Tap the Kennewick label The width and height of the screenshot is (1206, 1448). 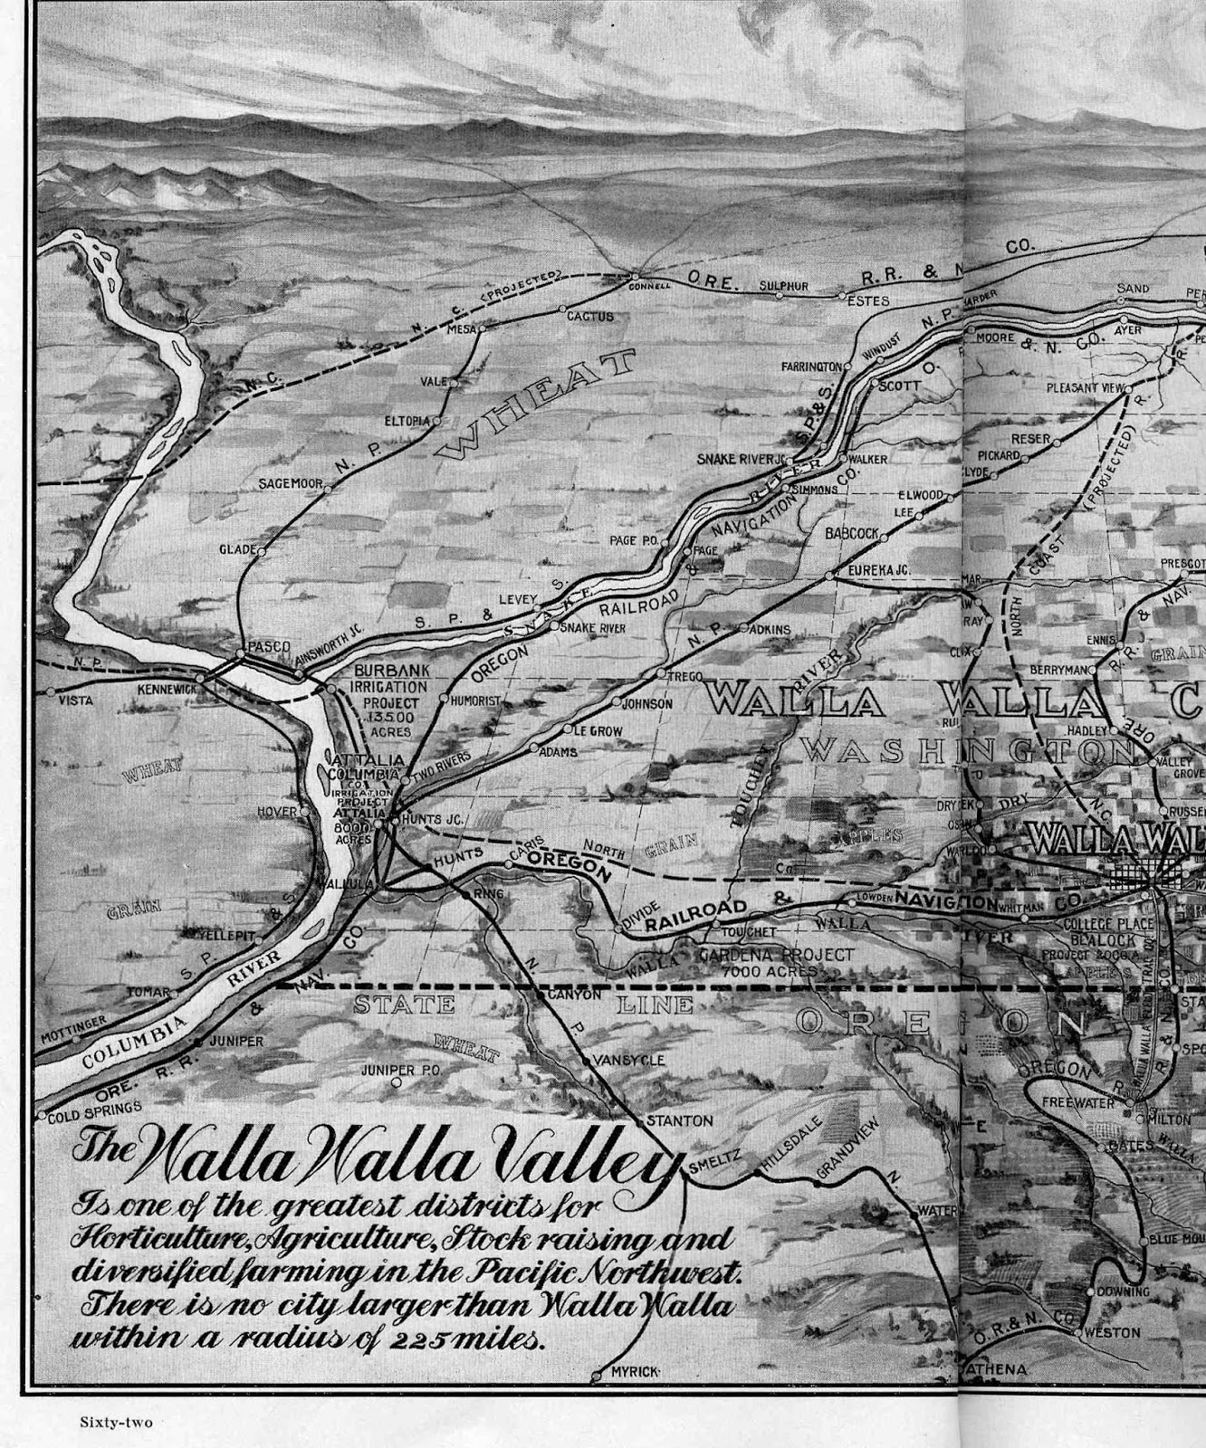click(x=167, y=689)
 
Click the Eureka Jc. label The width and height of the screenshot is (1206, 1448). click(x=878, y=569)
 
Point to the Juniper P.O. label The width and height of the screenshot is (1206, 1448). click(x=400, y=1069)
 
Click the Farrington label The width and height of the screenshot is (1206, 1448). click(x=812, y=367)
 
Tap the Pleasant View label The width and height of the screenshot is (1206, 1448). click(x=1085, y=387)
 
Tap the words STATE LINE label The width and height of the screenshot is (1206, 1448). click(x=522, y=1005)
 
